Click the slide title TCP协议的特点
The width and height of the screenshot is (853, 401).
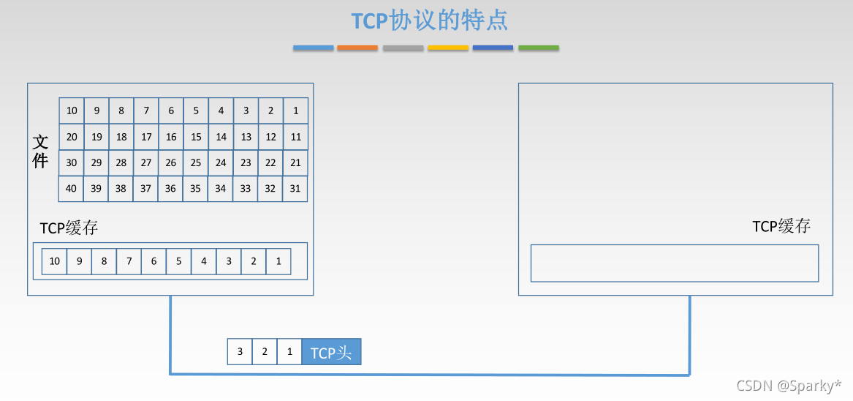pyautogui.click(x=430, y=20)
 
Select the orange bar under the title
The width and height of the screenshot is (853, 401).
pyautogui.click(x=357, y=48)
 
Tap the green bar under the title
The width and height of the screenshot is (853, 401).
pyautogui.click(x=539, y=48)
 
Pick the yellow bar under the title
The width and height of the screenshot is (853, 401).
pyautogui.click(x=448, y=48)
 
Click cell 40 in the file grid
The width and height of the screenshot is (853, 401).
pyautogui.click(x=71, y=189)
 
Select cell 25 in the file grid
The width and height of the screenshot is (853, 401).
pyautogui.click(x=195, y=163)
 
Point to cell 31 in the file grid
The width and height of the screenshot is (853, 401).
pyautogui.click(x=295, y=189)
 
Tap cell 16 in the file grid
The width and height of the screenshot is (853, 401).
pyautogui.click(x=170, y=137)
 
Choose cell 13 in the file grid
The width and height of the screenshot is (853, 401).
pyautogui.click(x=246, y=137)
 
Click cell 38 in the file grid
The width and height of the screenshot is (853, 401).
pyautogui.click(x=121, y=189)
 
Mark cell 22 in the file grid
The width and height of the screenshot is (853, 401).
pyautogui.click(x=270, y=163)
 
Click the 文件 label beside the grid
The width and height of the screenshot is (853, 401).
pyautogui.click(x=40, y=151)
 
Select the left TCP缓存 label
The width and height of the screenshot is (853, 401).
pyautogui.click(x=69, y=228)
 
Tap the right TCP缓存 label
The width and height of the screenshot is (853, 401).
pyautogui.click(x=781, y=226)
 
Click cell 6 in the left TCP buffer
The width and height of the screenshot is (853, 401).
pyautogui.click(x=153, y=261)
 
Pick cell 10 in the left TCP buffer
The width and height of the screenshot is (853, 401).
pyautogui.click(x=54, y=261)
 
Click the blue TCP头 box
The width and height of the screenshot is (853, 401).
pyautogui.click(x=331, y=353)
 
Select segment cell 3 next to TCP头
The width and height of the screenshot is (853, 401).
pyautogui.click(x=240, y=352)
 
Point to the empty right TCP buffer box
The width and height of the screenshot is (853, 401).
pyautogui.click(x=674, y=263)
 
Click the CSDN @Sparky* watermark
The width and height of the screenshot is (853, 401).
pyautogui.click(x=789, y=386)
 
